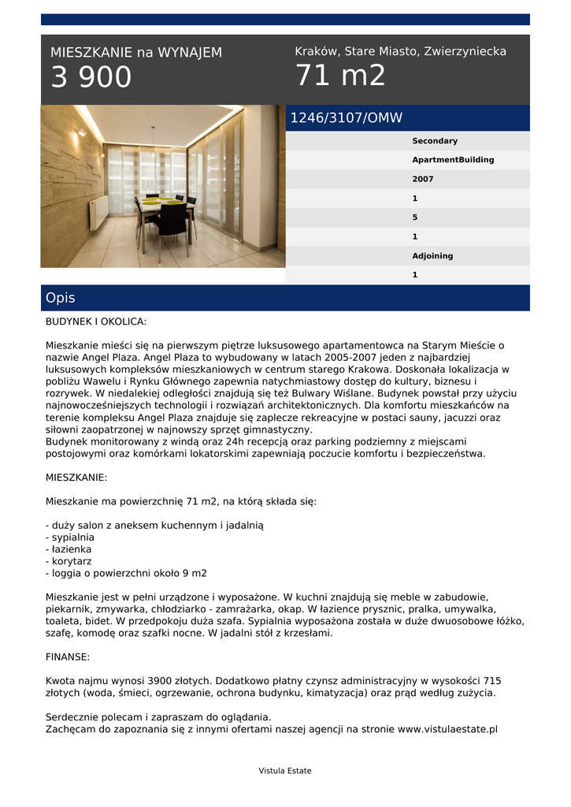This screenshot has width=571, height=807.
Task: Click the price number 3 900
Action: click(91, 77)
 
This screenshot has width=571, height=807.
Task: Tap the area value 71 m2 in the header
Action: click(340, 76)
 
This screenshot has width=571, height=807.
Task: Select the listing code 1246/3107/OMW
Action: click(347, 118)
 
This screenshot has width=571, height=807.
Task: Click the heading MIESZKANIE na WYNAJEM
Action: click(136, 53)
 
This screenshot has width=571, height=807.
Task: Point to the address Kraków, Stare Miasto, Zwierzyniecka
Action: click(400, 51)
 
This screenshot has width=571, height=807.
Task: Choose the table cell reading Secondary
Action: click(435, 141)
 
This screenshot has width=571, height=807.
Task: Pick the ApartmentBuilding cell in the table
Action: click(453, 160)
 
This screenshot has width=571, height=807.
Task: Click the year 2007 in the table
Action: click(423, 179)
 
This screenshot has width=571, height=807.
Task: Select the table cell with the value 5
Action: click(415, 218)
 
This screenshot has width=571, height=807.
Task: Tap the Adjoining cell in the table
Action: click(432, 256)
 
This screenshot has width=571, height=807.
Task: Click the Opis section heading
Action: click(61, 298)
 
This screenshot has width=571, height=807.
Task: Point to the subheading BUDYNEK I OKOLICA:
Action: click(96, 322)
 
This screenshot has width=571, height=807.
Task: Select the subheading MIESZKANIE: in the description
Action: click(76, 478)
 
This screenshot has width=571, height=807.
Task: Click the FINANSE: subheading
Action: click(68, 656)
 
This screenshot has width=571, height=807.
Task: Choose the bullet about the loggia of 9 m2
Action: click(126, 573)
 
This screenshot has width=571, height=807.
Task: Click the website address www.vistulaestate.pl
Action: click(447, 729)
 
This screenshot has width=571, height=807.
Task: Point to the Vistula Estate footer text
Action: click(285, 771)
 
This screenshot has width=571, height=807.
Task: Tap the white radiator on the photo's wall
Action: click(99, 211)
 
